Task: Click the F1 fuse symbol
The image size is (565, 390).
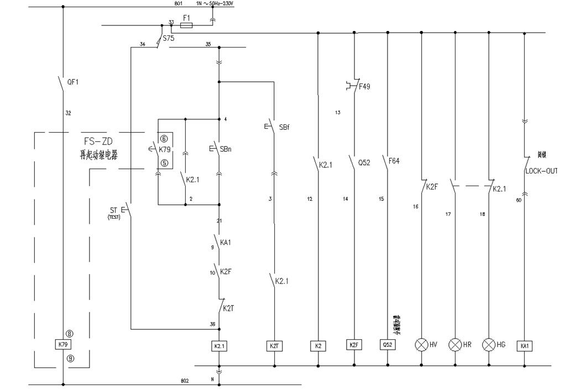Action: tap(186, 25)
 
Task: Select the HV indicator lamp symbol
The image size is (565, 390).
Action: tap(422, 345)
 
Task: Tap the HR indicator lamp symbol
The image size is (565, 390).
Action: tap(455, 345)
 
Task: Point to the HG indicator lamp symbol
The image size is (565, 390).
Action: tap(489, 345)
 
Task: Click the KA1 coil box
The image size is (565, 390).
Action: tap(524, 345)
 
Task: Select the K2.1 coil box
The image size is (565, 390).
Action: tap(219, 346)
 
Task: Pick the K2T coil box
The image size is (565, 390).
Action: tap(275, 346)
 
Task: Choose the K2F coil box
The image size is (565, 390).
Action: tap(354, 345)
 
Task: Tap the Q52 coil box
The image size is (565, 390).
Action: tap(388, 345)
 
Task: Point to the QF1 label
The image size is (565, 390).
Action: tap(73, 82)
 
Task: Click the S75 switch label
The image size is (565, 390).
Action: tap(168, 40)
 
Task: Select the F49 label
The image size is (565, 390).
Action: tap(364, 87)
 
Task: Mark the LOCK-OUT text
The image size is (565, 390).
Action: tap(541, 171)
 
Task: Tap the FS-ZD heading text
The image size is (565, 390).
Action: tap(98, 141)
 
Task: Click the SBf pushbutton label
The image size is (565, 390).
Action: tap(284, 128)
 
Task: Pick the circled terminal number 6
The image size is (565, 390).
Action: tap(164, 138)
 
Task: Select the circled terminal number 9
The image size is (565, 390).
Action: tap(69, 358)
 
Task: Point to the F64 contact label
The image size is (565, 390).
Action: tap(394, 161)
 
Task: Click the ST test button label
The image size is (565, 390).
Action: tap(113, 210)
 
